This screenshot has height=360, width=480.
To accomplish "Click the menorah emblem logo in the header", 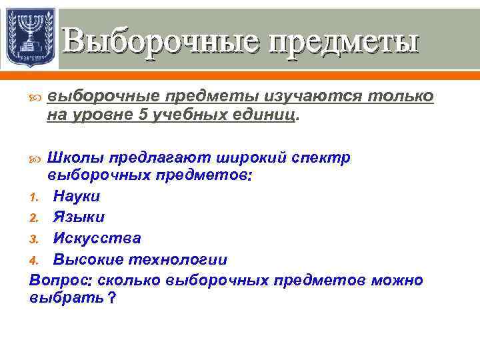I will [x=29, y=37].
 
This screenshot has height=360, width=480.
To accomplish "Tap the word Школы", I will [x=75, y=158].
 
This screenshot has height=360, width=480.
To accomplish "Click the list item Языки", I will [x=79, y=217].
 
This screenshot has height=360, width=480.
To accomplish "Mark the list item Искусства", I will [x=97, y=238].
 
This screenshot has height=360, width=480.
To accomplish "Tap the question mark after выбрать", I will [x=111, y=299].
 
